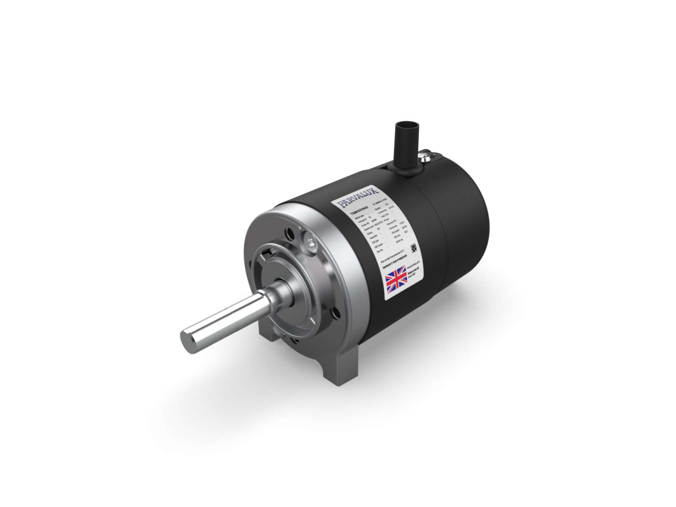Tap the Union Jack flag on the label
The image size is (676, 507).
396,280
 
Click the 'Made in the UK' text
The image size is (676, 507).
414,275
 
